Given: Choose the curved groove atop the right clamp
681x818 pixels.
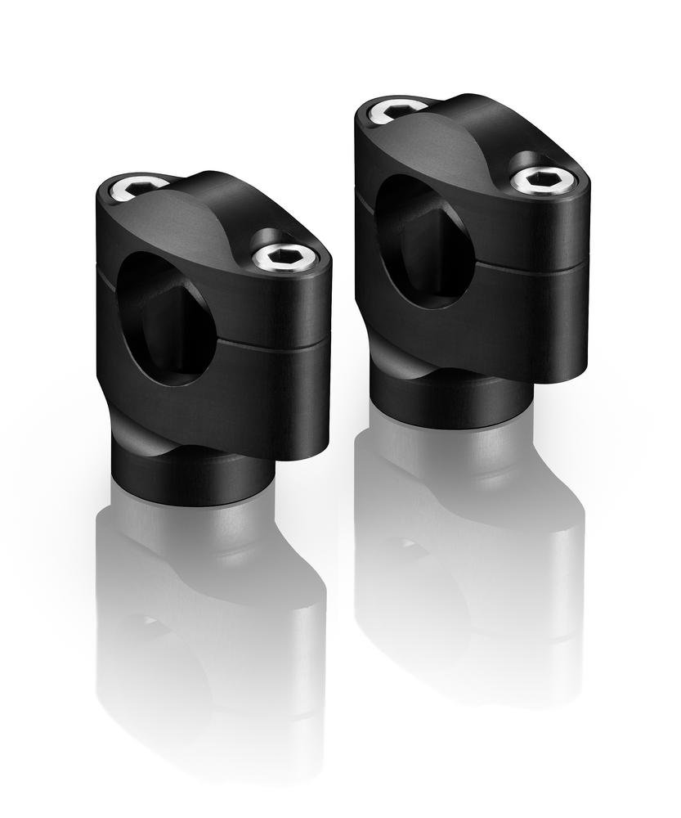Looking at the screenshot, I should click(x=458, y=139).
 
